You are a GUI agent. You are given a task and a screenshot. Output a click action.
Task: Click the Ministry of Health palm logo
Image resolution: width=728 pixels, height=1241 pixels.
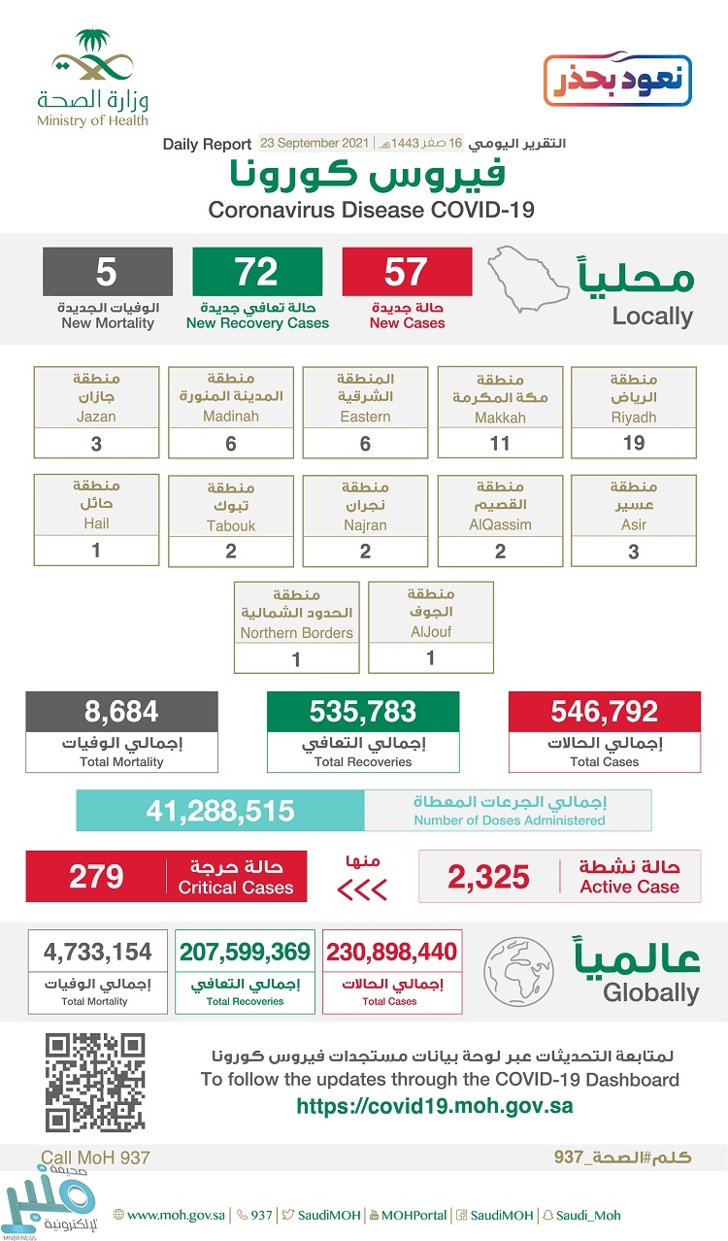tap(93, 59)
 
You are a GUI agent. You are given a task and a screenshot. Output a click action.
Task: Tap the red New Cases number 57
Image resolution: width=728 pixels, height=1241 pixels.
tap(407, 272)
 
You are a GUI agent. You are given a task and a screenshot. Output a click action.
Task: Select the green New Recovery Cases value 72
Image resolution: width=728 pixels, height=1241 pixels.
tap(257, 272)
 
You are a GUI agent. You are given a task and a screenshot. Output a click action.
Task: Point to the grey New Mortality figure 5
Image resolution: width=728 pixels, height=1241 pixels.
tap(108, 272)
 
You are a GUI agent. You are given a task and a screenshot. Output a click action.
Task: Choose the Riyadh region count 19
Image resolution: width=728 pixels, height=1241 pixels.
tap(634, 443)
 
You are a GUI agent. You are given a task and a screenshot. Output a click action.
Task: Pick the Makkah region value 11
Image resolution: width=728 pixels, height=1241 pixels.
tap(500, 443)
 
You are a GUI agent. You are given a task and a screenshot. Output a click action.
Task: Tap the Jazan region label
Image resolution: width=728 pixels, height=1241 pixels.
tap(96, 397)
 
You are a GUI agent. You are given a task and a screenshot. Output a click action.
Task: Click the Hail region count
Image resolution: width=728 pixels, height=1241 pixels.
tap(96, 549)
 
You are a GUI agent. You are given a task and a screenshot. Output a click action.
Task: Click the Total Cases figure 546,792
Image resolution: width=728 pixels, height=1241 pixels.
tap(604, 712)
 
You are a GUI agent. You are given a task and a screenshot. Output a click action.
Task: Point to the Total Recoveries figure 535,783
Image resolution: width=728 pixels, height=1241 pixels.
tap(363, 712)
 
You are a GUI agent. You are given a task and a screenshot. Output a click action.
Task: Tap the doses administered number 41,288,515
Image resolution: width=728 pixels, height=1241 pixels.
tap(220, 811)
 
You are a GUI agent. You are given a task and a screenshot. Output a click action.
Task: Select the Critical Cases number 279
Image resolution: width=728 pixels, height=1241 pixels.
tap(96, 877)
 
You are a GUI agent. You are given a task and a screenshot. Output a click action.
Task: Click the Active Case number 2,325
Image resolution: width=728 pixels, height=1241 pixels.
tap(489, 877)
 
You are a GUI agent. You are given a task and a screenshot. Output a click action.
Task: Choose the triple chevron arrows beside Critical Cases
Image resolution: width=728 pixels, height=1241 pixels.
tap(361, 889)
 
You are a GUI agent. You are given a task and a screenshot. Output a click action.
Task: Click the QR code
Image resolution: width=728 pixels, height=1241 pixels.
tap(95, 1083)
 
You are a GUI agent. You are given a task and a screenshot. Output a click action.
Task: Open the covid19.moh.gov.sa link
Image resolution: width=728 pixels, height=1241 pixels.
tap(434, 1106)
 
